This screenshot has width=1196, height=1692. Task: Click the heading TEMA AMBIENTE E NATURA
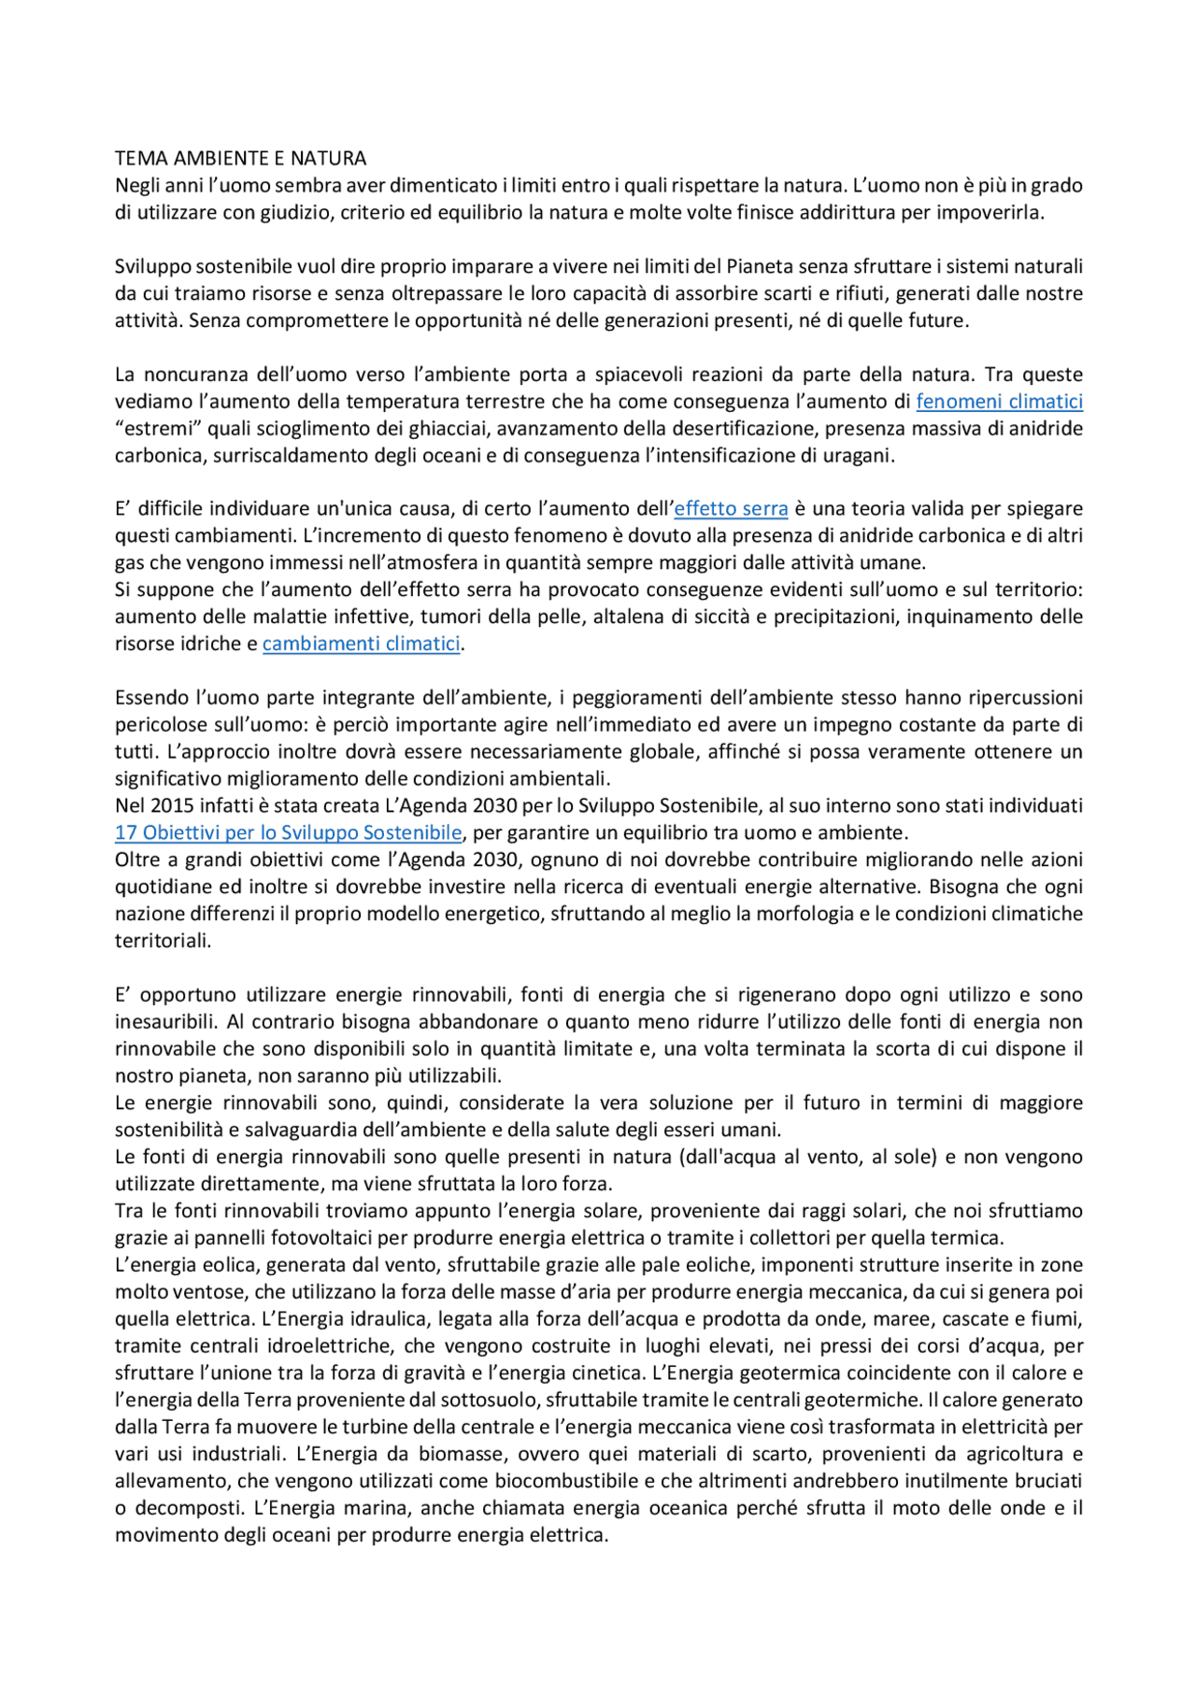pos(240,158)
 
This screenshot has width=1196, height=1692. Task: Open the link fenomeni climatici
pos(999,402)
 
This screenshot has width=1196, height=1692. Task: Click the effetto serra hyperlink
pos(731,509)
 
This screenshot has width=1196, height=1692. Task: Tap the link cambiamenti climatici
pos(361,644)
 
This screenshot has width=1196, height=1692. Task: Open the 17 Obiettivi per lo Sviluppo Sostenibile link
pos(288,832)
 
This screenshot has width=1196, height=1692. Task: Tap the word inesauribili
pos(164,1022)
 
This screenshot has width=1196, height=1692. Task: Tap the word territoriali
pos(163,941)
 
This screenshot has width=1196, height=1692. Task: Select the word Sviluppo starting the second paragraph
pos(152,266)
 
